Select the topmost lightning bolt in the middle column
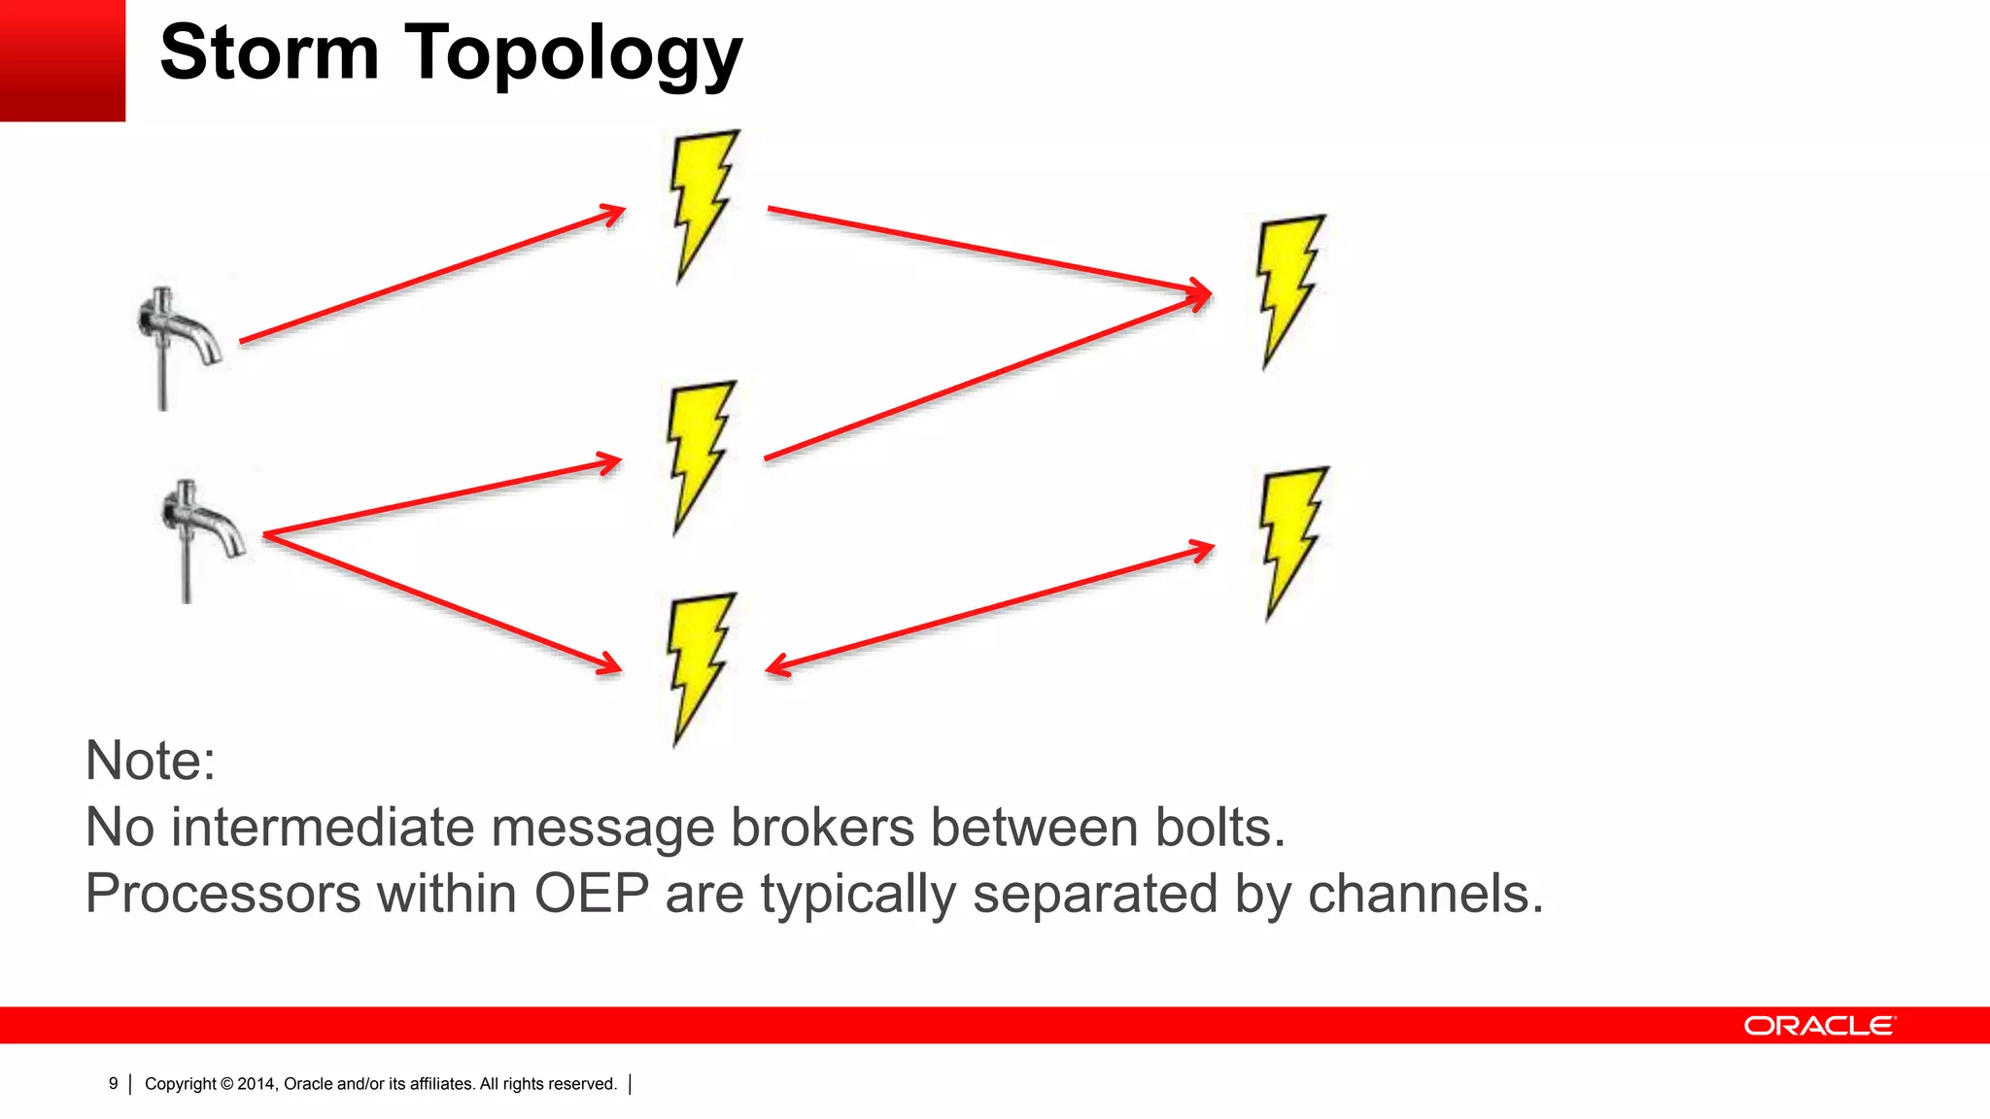[702, 206]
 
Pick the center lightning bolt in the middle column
[700, 457]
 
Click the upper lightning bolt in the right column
[1288, 291]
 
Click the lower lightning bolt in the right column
[1291, 542]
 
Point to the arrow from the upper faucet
[432, 274]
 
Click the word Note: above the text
[151, 760]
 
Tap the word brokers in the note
[822, 828]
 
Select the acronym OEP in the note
[591, 894]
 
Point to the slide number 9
[113, 1083]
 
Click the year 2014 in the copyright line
[257, 1084]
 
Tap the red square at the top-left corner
[62, 60]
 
